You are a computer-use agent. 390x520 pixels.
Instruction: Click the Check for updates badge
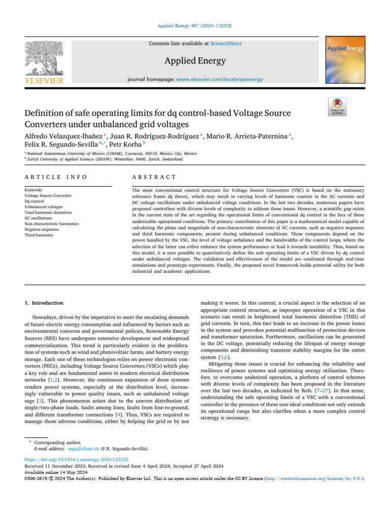point(338,105)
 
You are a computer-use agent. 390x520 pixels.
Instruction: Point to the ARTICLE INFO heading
point(56,177)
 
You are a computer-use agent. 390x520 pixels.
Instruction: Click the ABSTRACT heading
point(154,177)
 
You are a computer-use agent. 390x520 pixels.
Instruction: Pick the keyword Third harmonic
point(39,235)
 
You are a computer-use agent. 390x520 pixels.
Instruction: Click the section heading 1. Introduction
point(44,303)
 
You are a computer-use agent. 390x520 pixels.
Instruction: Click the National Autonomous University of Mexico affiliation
point(112,153)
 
